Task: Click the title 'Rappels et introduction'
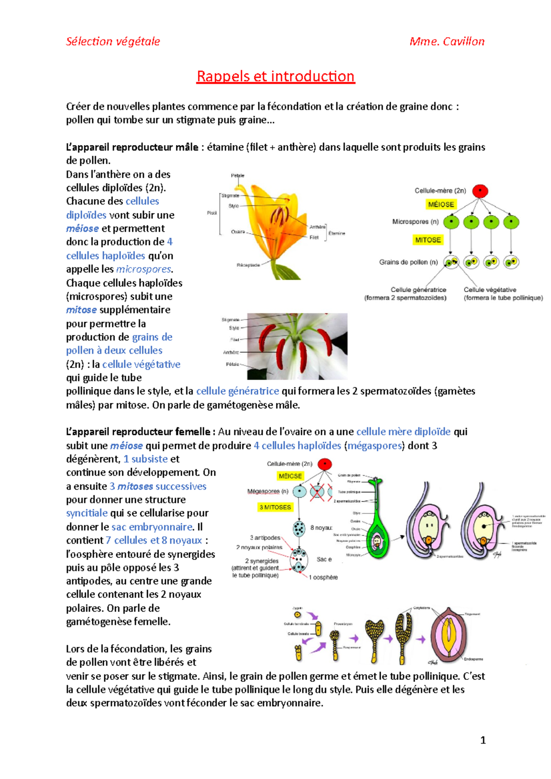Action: pos(275,76)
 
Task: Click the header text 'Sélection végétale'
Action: pos(113,42)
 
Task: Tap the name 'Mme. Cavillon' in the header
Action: pos(447,42)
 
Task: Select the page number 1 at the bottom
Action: pos(483,740)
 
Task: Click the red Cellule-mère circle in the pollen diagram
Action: pos(480,191)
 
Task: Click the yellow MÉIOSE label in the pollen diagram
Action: pos(441,205)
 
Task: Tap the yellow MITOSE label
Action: pos(428,240)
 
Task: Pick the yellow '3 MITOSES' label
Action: pos(275,507)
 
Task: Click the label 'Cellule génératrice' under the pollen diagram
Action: pos(418,290)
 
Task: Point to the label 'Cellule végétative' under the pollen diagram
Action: pos(490,290)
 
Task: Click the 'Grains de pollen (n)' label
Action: pos(408,262)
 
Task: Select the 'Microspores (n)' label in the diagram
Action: pos(416,222)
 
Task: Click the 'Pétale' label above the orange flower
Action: pos(237,175)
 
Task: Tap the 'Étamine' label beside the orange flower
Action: pos(337,234)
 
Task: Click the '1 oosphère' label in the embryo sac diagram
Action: pos(323,577)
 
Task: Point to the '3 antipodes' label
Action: pos(265,538)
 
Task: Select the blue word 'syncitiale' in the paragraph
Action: pos(87,513)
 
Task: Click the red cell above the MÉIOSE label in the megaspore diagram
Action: pos(325,464)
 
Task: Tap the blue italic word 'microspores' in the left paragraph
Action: pos(144,269)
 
